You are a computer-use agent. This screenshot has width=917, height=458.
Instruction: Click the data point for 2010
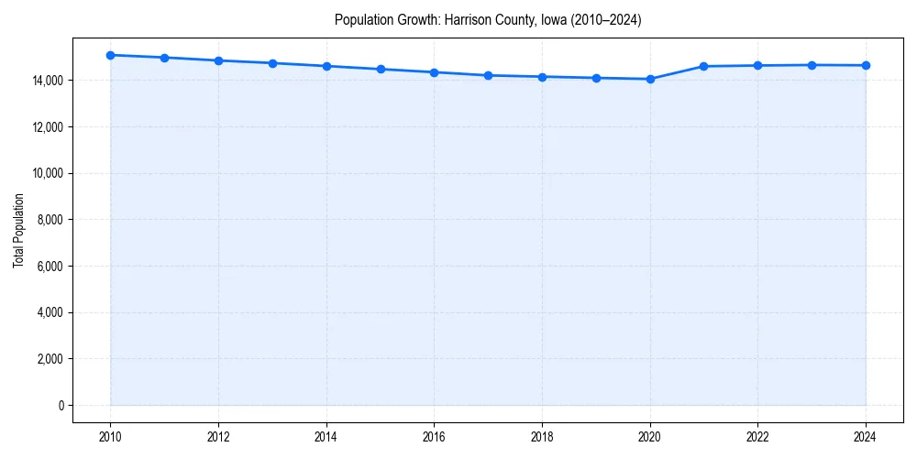point(110,55)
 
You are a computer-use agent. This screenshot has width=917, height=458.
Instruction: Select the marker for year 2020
point(650,79)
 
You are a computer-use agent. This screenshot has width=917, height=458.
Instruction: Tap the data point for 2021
point(704,66)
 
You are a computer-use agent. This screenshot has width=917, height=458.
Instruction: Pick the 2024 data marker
point(866,65)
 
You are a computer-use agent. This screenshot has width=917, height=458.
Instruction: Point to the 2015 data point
point(381,70)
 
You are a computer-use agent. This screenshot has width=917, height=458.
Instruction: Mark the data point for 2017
point(488,75)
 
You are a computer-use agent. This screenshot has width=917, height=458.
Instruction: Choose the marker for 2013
point(272,63)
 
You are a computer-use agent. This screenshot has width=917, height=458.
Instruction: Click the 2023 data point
point(812,65)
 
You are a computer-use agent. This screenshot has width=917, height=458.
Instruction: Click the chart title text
point(487,19)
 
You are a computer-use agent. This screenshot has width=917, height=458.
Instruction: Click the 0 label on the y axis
point(60,405)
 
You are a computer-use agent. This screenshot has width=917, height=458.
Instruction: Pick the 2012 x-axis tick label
point(218,437)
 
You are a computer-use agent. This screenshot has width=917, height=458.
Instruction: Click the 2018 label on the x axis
point(542,437)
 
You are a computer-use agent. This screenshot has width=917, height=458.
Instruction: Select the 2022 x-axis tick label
point(757,437)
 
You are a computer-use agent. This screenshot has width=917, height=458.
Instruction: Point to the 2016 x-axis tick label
point(434,437)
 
